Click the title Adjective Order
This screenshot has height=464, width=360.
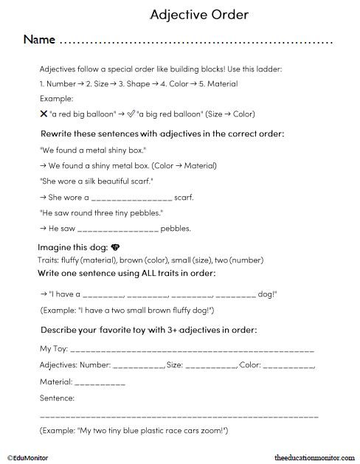pyautogui.click(x=198, y=14)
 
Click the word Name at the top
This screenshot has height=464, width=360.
pyautogui.click(x=38, y=39)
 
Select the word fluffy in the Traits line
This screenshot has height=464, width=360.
pyautogui.click(x=63, y=260)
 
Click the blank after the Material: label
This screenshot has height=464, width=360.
pyautogui.click(x=100, y=383)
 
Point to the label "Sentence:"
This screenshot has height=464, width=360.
pyautogui.click(x=57, y=398)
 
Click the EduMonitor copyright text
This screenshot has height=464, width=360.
pyautogui.click(x=27, y=457)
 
